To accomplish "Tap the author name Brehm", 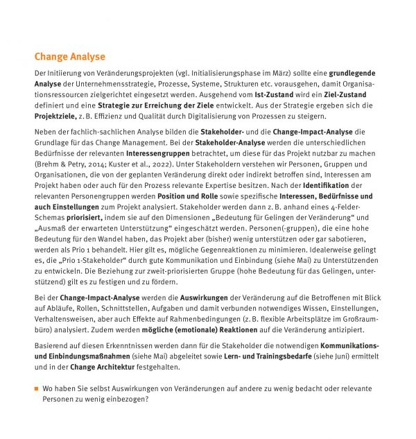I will click(47, 164).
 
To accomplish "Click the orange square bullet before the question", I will click(37, 388).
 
